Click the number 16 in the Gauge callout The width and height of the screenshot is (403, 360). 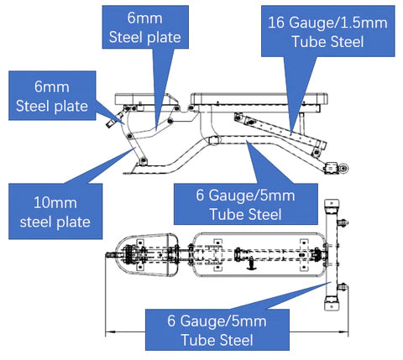[x=276, y=23]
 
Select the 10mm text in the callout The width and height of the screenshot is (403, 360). [x=55, y=202]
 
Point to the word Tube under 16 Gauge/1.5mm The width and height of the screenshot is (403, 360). [x=309, y=42]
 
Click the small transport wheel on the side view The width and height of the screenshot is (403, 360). [x=343, y=168]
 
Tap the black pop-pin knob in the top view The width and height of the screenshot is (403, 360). [x=252, y=264]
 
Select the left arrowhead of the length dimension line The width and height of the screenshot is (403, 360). [x=111, y=332]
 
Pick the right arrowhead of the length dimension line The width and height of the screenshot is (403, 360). [x=343, y=332]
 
